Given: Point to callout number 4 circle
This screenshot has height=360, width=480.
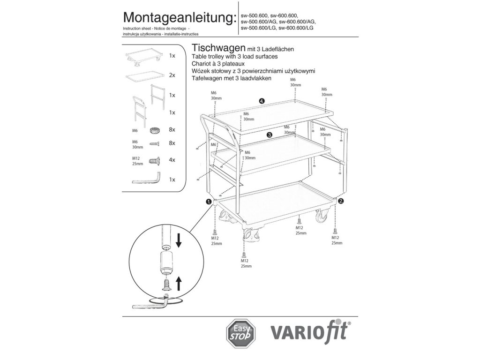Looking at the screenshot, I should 262,101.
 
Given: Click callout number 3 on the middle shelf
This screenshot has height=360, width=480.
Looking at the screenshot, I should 270,135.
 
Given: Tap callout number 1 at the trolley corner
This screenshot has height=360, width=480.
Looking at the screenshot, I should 208,201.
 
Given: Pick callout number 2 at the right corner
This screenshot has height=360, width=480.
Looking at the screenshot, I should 341,201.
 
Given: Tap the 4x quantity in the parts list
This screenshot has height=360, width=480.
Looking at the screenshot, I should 172,160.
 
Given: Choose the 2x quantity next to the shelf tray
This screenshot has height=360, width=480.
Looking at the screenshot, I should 172,75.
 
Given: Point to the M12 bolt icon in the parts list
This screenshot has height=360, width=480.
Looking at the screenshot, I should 154,160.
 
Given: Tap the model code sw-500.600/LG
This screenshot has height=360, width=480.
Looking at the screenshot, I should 258,28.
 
